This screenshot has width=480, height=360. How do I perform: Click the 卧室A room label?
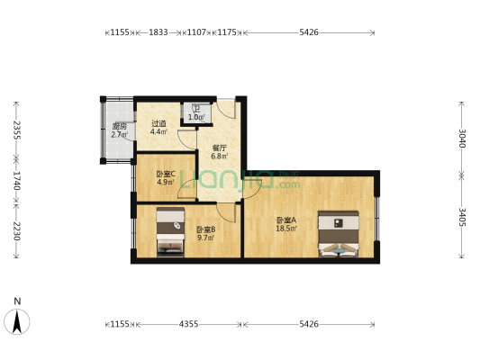click(x=286, y=220)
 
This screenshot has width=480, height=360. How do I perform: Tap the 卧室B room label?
click(x=204, y=229)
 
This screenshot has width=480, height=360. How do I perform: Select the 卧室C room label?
click(x=166, y=174)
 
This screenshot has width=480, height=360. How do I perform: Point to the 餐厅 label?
click(x=219, y=148)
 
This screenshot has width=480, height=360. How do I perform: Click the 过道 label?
click(x=158, y=124)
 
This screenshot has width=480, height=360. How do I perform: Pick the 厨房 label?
click(x=119, y=127)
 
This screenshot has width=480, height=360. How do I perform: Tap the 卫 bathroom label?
click(x=195, y=109)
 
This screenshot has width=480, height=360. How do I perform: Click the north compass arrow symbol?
click(x=17, y=320)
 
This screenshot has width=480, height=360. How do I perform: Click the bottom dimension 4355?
click(x=187, y=323)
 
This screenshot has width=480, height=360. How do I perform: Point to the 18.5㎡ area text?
click(x=286, y=228)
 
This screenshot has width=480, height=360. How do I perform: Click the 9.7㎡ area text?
click(x=204, y=238)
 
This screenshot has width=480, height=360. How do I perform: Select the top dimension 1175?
click(x=227, y=32)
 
